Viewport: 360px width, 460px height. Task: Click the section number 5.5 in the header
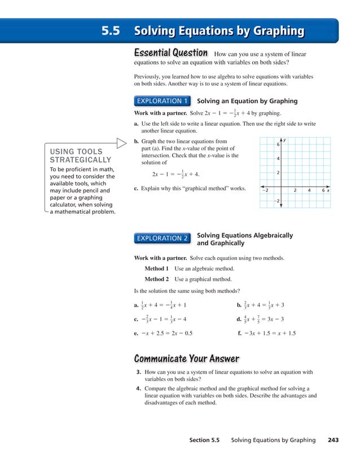click(x=110, y=31)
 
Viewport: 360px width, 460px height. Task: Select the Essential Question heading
click(x=170, y=52)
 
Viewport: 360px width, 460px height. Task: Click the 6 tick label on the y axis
click(x=278, y=145)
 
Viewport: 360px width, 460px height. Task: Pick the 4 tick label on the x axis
click(x=309, y=191)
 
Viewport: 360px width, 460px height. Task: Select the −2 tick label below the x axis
click(x=276, y=201)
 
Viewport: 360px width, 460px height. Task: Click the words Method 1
click(x=156, y=268)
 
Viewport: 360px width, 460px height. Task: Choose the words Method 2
click(x=156, y=279)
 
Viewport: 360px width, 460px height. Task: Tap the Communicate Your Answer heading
click(x=186, y=359)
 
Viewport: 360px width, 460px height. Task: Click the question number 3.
click(x=139, y=373)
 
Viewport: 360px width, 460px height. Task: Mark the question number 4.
click(x=139, y=388)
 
